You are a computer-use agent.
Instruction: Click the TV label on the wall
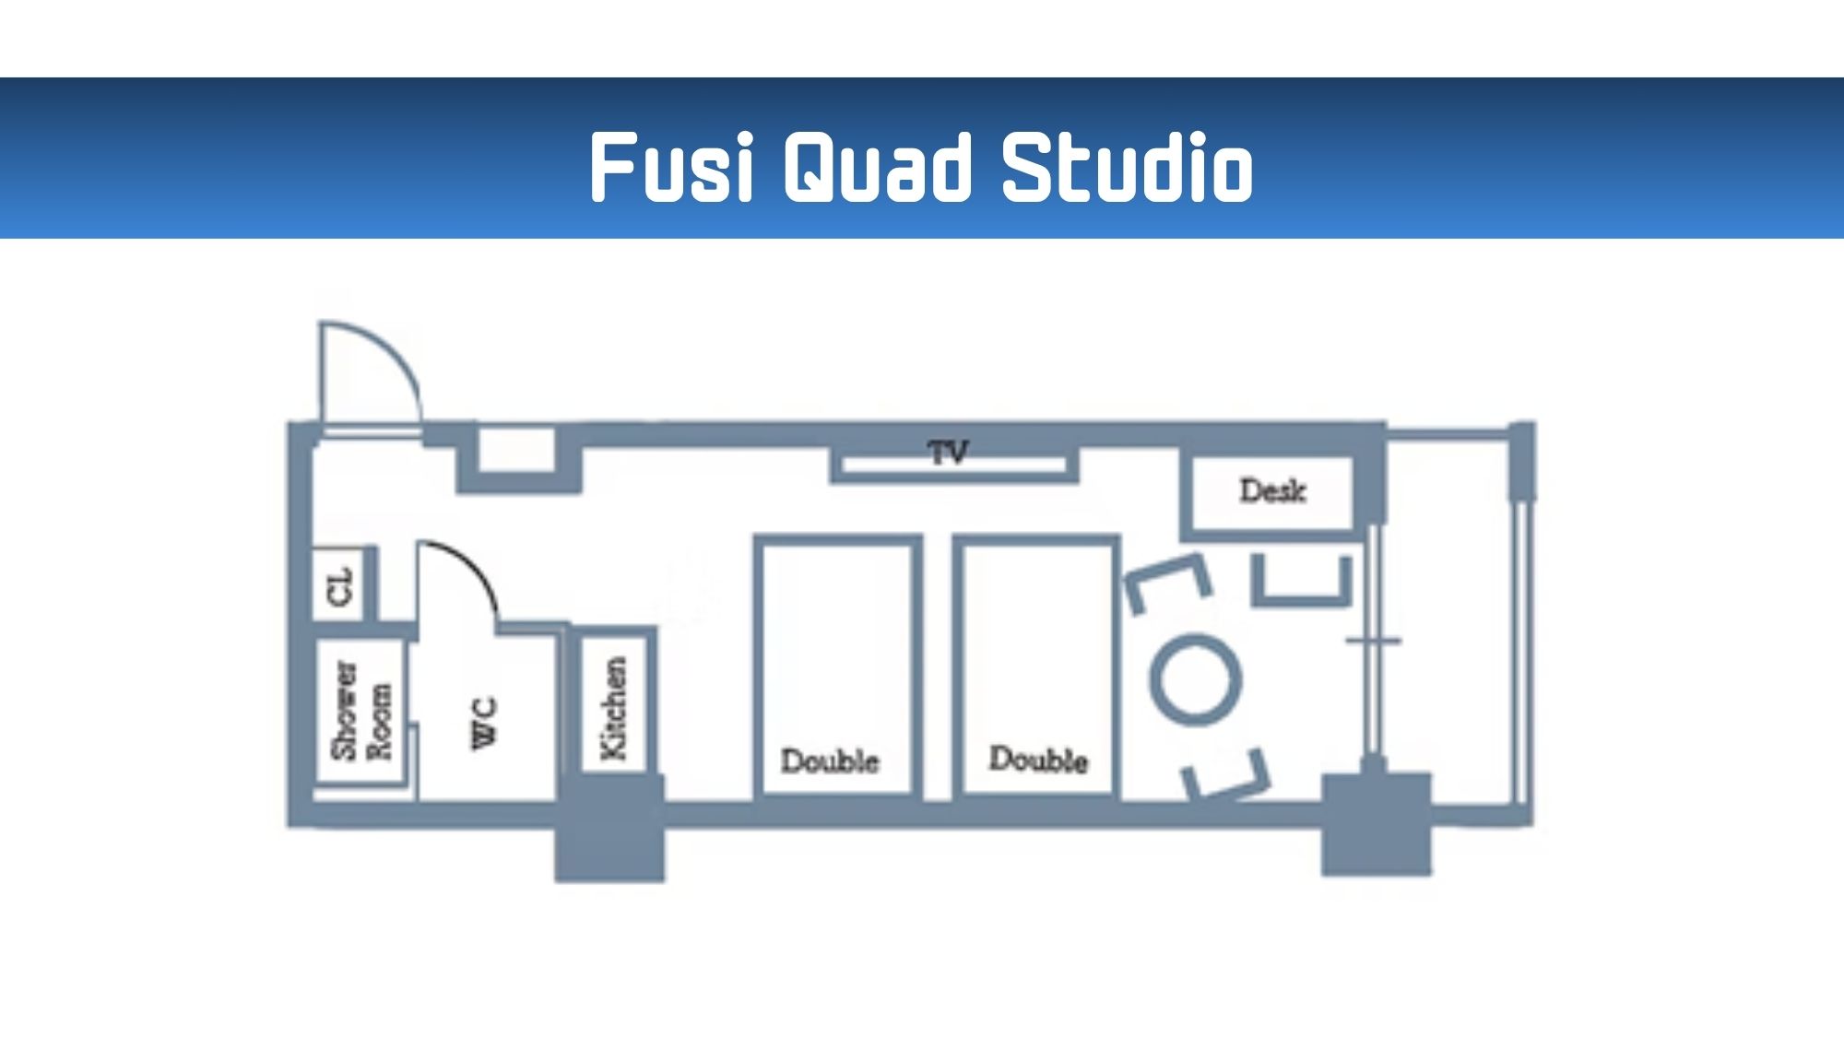(x=949, y=452)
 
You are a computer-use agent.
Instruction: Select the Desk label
(x=1272, y=490)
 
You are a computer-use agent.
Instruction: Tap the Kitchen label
(x=614, y=708)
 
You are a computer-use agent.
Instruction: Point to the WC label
(x=485, y=723)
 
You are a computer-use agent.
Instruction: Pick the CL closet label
(x=341, y=586)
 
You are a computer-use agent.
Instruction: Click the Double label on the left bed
(x=830, y=760)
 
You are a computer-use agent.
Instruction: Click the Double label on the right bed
(x=1038, y=760)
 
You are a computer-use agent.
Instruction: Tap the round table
(x=1195, y=679)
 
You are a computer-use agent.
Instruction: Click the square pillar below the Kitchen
(x=609, y=830)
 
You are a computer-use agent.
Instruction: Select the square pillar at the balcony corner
(x=1376, y=823)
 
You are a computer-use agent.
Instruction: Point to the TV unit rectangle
(x=954, y=465)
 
